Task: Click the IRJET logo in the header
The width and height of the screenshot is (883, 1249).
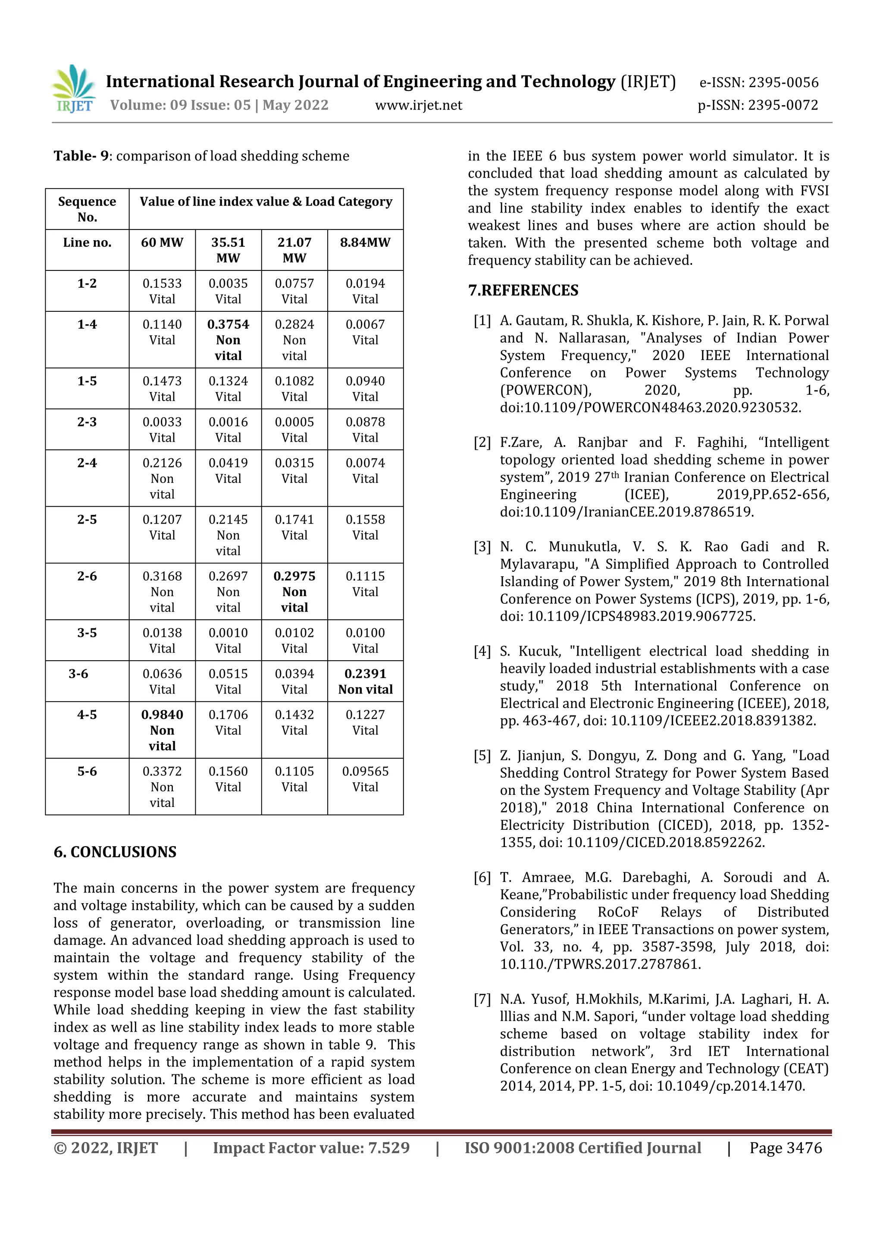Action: (x=75, y=89)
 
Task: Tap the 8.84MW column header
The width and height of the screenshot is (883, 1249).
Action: (x=365, y=243)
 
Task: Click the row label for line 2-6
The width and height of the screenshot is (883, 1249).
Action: (x=87, y=576)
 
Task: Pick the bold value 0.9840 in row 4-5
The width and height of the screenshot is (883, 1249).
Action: (x=162, y=715)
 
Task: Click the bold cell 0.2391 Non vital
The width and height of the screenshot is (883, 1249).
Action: (x=365, y=681)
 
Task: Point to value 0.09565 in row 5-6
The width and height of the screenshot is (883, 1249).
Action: (x=365, y=772)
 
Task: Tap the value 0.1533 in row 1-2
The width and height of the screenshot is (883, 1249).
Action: (x=162, y=283)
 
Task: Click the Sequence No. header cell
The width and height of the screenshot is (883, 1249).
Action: (x=87, y=209)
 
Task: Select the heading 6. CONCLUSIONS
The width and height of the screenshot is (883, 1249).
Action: (x=115, y=852)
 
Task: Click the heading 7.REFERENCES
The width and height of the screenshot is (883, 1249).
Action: (x=523, y=291)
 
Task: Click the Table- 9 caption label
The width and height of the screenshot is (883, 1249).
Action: (x=81, y=156)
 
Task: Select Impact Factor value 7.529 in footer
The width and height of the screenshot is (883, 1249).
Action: (x=311, y=1148)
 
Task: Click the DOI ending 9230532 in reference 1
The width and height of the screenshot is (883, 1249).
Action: (x=650, y=408)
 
